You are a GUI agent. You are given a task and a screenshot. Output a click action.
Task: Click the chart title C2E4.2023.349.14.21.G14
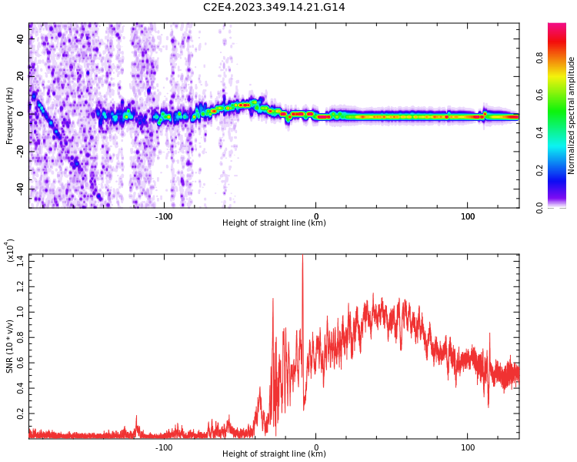[x=274, y=7]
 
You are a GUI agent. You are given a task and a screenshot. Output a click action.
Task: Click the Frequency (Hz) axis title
[x=10, y=115]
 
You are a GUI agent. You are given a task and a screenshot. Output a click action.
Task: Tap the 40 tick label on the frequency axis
[x=20, y=40]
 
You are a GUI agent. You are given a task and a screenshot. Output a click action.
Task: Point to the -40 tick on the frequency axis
[x=18, y=189]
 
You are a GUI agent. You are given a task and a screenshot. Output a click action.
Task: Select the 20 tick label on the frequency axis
[x=20, y=77]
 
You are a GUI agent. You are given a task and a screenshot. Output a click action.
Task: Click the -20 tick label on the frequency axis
[x=18, y=152]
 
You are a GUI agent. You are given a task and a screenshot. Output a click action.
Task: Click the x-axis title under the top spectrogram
[x=274, y=223]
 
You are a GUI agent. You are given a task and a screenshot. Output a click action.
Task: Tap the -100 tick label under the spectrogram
[x=163, y=216]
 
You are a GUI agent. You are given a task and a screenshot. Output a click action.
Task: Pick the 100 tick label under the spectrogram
[x=468, y=216]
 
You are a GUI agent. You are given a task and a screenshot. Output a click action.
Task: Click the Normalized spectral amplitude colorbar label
[x=572, y=115]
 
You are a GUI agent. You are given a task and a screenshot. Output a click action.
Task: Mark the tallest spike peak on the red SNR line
[x=302, y=256]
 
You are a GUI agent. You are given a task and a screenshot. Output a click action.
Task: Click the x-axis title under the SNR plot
[x=274, y=454]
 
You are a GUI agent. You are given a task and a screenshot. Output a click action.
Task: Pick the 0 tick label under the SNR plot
[x=315, y=447]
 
